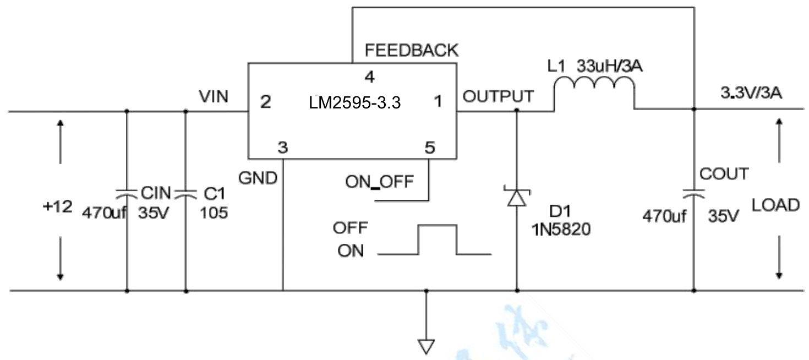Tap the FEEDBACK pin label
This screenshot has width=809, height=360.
click(411, 51)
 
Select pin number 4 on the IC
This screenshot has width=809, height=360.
click(369, 76)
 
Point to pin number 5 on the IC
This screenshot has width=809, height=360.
click(430, 148)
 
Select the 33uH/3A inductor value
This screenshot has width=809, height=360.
click(610, 67)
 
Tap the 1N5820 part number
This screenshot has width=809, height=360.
click(561, 231)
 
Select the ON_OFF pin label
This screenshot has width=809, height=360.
click(379, 182)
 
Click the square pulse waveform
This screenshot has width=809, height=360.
click(437, 240)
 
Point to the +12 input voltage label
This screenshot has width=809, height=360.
click(57, 208)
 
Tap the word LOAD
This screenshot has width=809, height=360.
click(775, 205)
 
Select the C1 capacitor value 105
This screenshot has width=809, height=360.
click(214, 213)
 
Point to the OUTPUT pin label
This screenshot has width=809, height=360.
click(498, 96)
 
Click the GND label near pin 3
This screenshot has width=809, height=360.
click(258, 178)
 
